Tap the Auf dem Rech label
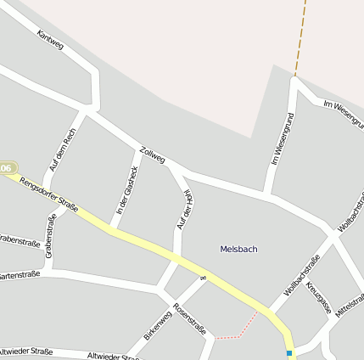pyautogui.click(x=63, y=149)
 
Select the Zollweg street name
pyautogui.click(x=152, y=152)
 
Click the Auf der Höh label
pyautogui.click(x=182, y=210)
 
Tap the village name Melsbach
pyautogui.click(x=238, y=249)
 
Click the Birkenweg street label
pyautogui.click(x=158, y=325)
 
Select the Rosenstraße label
pyautogui.click(x=189, y=319)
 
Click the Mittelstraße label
pyautogui.click(x=350, y=306)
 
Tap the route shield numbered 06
pyautogui.click(x=7, y=169)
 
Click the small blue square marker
pyautogui.click(x=289, y=352)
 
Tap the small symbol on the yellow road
pyautogui.click(x=203, y=277)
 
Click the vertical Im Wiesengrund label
pyautogui.click(x=282, y=138)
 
